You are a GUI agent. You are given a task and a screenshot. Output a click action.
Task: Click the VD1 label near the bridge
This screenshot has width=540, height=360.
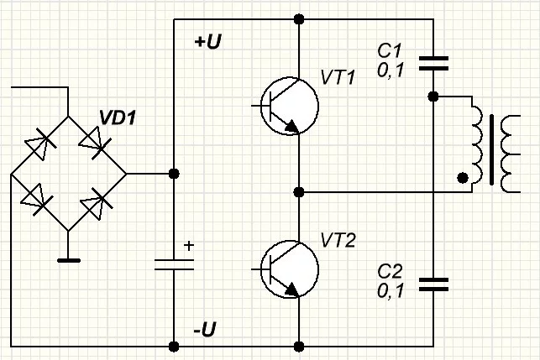pos(118,117)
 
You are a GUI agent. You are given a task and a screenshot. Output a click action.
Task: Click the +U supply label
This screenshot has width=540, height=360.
pos(207,42)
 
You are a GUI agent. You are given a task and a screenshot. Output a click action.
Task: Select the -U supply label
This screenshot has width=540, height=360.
pos(207,331)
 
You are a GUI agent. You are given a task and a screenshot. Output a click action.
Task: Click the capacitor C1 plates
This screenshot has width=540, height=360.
pos(433,61)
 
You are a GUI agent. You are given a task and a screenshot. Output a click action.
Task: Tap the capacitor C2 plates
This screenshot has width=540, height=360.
pos(433,283)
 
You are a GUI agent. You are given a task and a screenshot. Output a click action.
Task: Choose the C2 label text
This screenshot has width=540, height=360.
pos(391,272)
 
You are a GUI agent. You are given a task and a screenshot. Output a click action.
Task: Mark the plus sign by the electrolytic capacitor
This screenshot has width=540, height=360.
pos(188,246)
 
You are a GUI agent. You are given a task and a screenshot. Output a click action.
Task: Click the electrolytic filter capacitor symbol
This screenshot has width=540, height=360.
pos(174,264)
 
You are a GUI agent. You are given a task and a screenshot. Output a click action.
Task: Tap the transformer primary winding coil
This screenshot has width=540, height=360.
pos(476,143)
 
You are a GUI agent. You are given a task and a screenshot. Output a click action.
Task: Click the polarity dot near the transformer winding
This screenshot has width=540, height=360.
pos(462,178)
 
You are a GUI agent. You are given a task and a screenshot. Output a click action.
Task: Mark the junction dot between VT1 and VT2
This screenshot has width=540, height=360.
pos(299,192)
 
